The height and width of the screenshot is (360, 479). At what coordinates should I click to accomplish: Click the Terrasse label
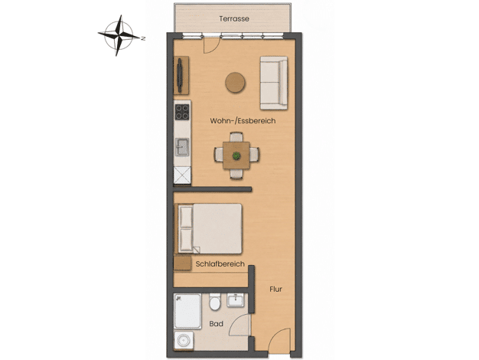[x=234, y=18]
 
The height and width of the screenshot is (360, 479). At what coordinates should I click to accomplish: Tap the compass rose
[x=119, y=35]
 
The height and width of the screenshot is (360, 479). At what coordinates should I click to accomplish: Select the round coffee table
[x=235, y=82]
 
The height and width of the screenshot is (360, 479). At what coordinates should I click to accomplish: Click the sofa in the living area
[x=274, y=83]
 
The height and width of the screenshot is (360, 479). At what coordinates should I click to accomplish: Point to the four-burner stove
[x=182, y=112]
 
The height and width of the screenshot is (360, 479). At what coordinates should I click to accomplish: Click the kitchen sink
[x=182, y=147]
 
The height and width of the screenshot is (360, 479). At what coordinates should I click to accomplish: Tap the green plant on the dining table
[x=236, y=155]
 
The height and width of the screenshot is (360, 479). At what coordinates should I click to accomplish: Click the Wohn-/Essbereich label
[x=243, y=121]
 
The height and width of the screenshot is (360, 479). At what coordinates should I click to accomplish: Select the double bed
[x=210, y=228]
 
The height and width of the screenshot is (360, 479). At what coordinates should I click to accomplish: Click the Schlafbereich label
[x=220, y=263]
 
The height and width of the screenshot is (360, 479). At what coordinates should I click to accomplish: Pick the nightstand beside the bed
[x=182, y=263]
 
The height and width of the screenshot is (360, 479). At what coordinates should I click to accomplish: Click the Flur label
[x=276, y=289]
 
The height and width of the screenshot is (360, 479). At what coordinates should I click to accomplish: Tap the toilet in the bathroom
[x=215, y=302]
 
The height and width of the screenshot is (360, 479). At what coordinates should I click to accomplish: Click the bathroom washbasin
[x=235, y=300]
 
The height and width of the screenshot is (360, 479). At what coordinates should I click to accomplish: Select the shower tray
[x=187, y=311]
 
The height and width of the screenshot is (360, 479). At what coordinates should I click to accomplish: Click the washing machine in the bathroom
[x=184, y=340]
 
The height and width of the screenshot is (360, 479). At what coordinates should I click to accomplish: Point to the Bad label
[x=216, y=323]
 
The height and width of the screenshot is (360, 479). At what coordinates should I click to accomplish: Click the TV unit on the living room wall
[x=181, y=76]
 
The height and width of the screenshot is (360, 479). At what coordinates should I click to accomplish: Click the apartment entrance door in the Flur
[x=279, y=340]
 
